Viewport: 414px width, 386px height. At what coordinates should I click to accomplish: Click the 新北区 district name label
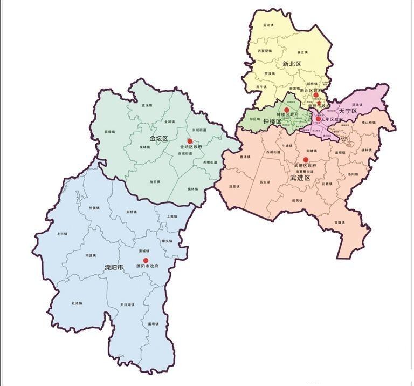tap(291, 64)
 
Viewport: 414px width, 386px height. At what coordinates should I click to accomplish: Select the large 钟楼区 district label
tap(272, 122)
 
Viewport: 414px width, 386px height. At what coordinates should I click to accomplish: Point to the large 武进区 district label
tap(300, 178)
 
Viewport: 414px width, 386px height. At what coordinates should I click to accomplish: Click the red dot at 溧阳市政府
tap(146, 260)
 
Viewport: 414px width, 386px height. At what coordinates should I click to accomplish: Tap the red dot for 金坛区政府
tap(190, 141)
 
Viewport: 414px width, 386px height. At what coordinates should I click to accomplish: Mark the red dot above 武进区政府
tap(306, 159)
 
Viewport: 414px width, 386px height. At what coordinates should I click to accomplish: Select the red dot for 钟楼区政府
tap(287, 110)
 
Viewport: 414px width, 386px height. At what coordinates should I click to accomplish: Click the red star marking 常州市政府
tap(319, 103)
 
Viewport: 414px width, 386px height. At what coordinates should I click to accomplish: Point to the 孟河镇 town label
tap(268, 25)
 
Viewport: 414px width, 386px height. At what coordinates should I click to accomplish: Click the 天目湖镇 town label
tap(127, 305)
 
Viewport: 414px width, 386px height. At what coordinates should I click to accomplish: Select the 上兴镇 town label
tap(62, 234)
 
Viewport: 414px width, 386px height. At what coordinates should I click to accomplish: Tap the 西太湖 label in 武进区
tap(264, 182)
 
